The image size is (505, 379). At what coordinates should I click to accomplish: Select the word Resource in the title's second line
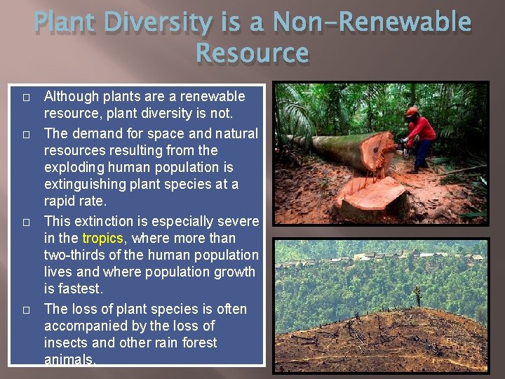click(252, 53)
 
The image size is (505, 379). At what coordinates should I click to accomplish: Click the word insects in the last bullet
click(65, 343)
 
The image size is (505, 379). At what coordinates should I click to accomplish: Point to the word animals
click(69, 359)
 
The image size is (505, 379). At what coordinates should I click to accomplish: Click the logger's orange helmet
click(412, 112)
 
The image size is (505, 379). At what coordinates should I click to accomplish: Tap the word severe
click(239, 221)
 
